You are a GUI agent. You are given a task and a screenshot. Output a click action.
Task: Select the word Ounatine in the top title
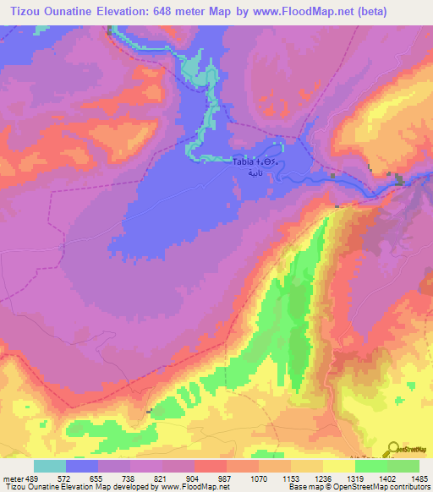click(75, 12)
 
